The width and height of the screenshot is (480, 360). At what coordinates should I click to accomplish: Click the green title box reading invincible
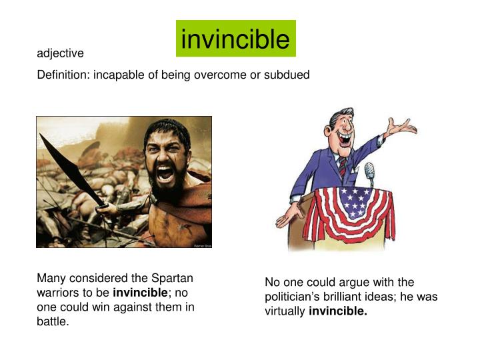click(235, 39)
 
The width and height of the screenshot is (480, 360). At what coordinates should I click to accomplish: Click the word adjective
click(60, 53)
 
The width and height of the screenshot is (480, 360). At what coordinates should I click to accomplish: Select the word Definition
click(63, 75)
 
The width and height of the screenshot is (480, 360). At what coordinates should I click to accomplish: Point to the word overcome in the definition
click(220, 75)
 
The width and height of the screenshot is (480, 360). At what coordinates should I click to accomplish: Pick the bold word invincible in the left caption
click(140, 293)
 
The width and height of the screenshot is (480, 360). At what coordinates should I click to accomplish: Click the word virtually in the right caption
click(285, 311)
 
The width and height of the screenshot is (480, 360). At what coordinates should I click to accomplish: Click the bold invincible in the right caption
click(338, 311)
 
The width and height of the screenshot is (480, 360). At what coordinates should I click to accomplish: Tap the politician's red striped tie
click(342, 166)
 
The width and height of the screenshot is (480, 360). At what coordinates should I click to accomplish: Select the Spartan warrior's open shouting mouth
click(164, 173)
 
